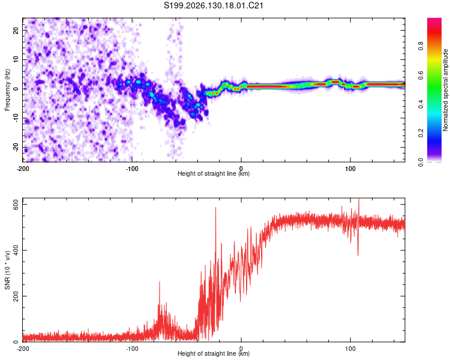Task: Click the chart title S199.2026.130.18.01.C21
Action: tap(213, 5)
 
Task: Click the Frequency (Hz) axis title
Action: tap(7, 90)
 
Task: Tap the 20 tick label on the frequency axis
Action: tap(16, 30)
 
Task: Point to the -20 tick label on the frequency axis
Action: tap(16, 148)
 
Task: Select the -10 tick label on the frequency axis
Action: tap(16, 118)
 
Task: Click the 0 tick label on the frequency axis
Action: tap(16, 89)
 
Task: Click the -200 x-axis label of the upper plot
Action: tap(23, 169)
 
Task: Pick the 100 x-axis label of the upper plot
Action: tap(350, 169)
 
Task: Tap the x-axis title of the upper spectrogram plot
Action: tap(214, 173)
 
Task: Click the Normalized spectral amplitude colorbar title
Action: tap(445, 90)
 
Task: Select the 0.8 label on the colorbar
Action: tap(421, 46)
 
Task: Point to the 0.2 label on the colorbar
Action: tap(421, 133)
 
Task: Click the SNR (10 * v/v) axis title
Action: tap(7, 270)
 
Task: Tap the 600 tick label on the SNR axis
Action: tap(16, 205)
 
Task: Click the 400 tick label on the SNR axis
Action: tap(16, 250)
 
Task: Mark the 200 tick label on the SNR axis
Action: tap(16, 296)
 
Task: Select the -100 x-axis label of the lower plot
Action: tap(132, 349)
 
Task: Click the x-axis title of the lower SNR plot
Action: tap(214, 353)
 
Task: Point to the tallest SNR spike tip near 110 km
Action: tap(359, 199)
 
